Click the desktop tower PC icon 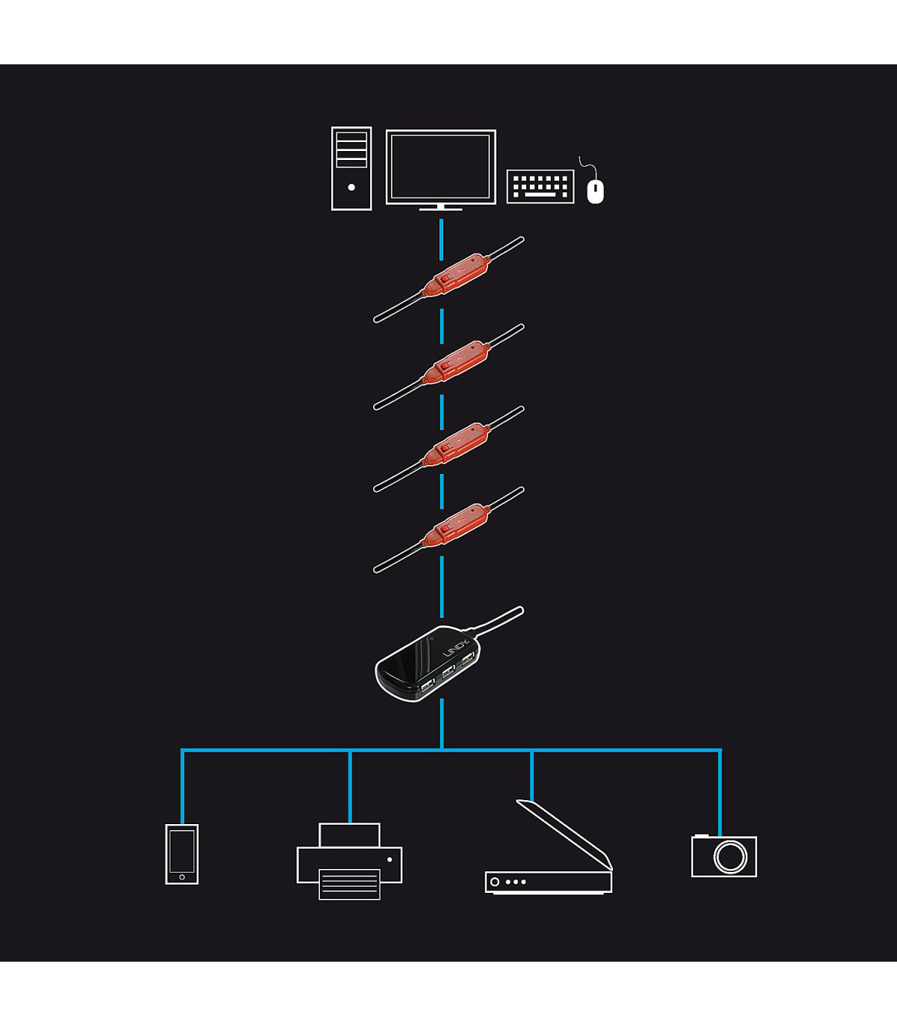pyautogui.click(x=351, y=168)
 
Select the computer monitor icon pyautogui.click(x=441, y=167)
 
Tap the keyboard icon pyautogui.click(x=540, y=186)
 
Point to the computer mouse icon pyautogui.click(x=595, y=191)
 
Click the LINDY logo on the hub pyautogui.click(x=456, y=648)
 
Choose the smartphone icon pyautogui.click(x=182, y=854)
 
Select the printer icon pyautogui.click(x=349, y=861)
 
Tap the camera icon pyautogui.click(x=724, y=856)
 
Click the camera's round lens pyautogui.click(x=730, y=856)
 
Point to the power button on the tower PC pyautogui.click(x=351, y=187)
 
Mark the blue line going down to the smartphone pyautogui.click(x=182, y=785)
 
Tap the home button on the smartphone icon pyautogui.click(x=182, y=877)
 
